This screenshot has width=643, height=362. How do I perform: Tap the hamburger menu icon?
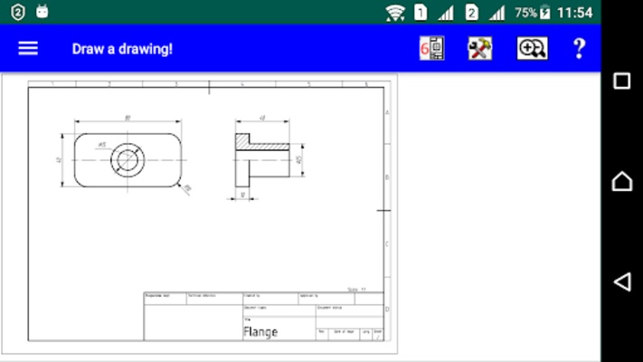(x=28, y=48)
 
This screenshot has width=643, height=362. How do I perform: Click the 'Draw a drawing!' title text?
(x=122, y=49)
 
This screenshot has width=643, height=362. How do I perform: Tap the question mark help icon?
(x=579, y=48)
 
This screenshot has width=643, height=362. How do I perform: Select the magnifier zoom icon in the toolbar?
(x=532, y=48)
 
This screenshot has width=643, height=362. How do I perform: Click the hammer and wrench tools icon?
(x=479, y=48)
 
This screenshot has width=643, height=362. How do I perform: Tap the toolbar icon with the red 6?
(x=431, y=48)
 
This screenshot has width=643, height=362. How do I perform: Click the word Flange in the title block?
(x=260, y=331)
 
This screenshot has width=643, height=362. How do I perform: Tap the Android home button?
(x=621, y=181)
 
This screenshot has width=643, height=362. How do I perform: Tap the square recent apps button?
(x=621, y=81)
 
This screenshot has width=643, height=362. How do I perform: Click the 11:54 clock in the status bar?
(x=574, y=13)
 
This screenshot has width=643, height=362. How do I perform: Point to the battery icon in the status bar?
(x=544, y=13)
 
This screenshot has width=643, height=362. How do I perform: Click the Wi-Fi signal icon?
(x=395, y=13)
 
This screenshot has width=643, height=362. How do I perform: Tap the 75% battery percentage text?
(x=525, y=13)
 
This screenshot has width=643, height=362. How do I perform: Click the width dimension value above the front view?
(x=128, y=118)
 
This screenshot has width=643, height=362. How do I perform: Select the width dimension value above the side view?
(x=262, y=118)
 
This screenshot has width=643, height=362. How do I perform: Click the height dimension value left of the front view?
(x=59, y=160)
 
